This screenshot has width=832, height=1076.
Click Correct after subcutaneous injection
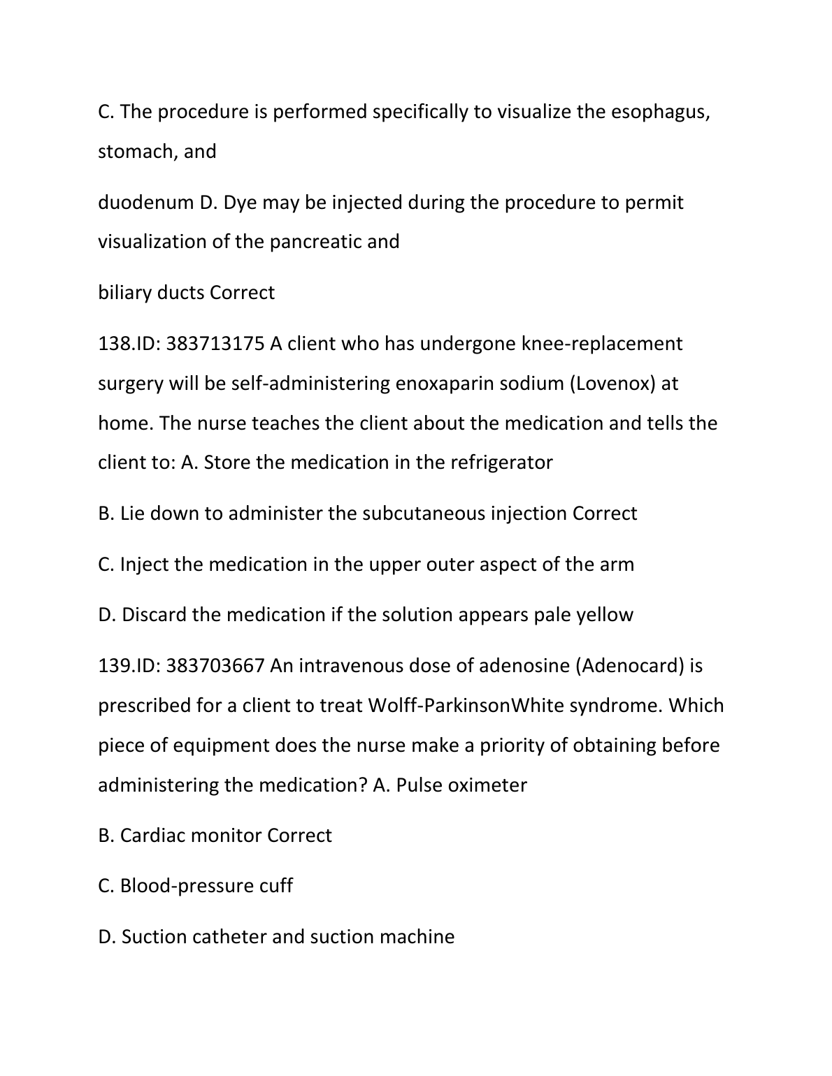pyautogui.click(x=605, y=514)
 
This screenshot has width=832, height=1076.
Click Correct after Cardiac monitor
pyautogui.click(x=299, y=836)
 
